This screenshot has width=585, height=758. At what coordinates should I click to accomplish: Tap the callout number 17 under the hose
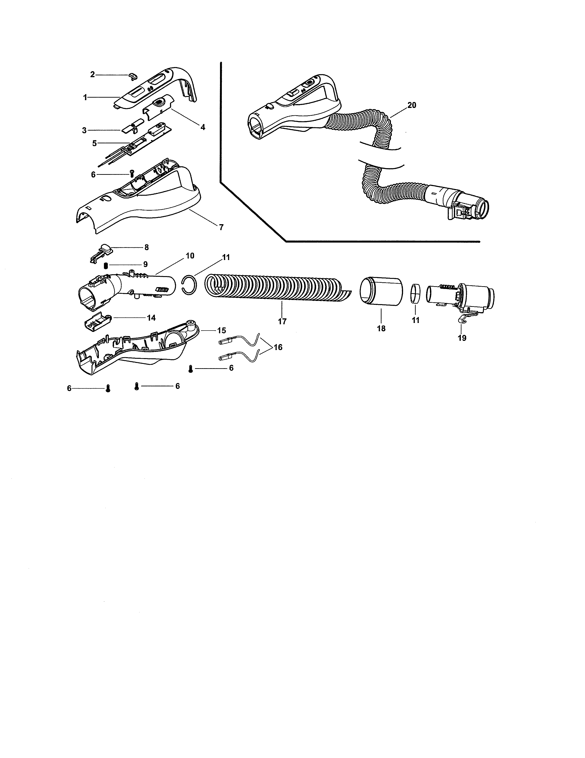[x=282, y=321]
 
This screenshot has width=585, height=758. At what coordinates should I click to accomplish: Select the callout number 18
[x=381, y=328]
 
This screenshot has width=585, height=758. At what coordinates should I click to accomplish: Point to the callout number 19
[x=462, y=338]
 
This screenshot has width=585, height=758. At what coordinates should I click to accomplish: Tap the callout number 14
[x=151, y=318]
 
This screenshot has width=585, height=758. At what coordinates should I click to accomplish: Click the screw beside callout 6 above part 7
[x=132, y=173]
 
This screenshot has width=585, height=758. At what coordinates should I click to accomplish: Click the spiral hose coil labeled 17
[x=274, y=285]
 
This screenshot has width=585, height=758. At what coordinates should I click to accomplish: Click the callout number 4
[x=203, y=127]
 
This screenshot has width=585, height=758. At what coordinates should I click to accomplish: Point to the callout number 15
[x=221, y=330]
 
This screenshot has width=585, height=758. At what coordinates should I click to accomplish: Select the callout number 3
[x=84, y=130]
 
